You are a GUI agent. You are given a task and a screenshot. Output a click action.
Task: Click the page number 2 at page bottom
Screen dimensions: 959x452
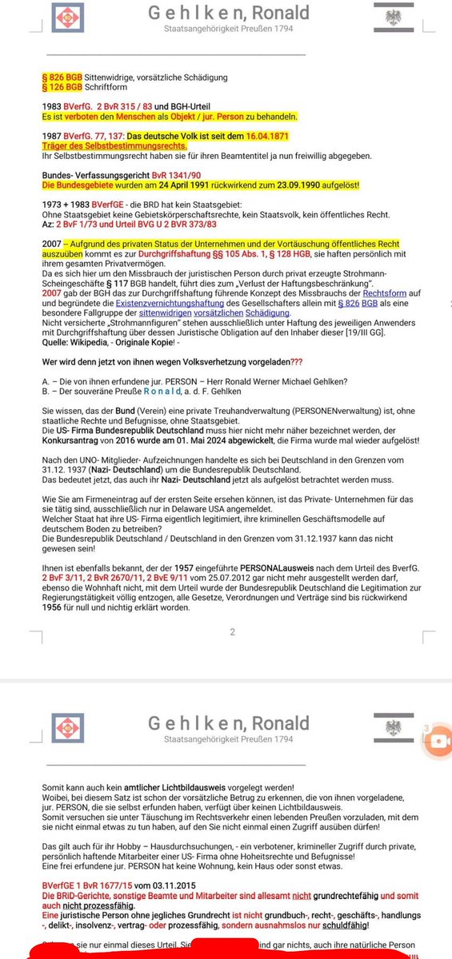click(232, 631)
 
